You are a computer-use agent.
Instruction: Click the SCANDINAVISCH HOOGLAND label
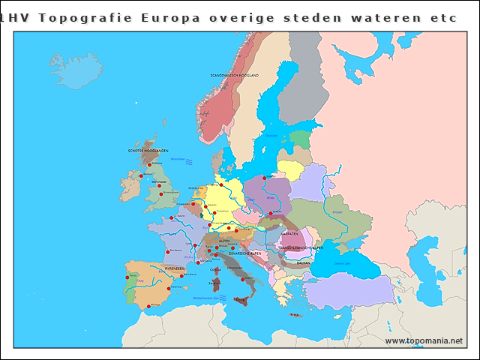tap(234, 76)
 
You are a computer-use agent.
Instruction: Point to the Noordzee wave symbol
tap(190, 161)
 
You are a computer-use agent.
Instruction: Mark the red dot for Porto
tap(126, 277)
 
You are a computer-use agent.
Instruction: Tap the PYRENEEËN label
tap(175, 268)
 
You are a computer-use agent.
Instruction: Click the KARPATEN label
tap(289, 233)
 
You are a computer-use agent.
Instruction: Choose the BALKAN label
tap(303, 263)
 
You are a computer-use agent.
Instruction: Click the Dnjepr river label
tap(337, 212)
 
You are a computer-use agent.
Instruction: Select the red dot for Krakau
tap(271, 214)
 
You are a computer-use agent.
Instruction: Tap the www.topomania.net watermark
tap(424, 340)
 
